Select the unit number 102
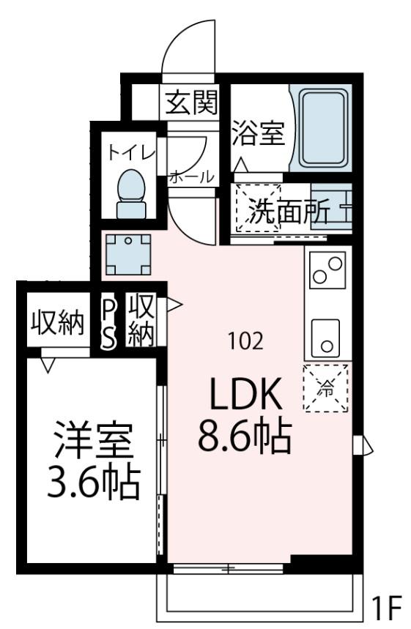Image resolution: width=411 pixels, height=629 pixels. click(x=245, y=340)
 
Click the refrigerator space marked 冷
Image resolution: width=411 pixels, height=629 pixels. click(x=325, y=388)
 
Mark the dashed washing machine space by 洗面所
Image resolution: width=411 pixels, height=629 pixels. click(x=257, y=208)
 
